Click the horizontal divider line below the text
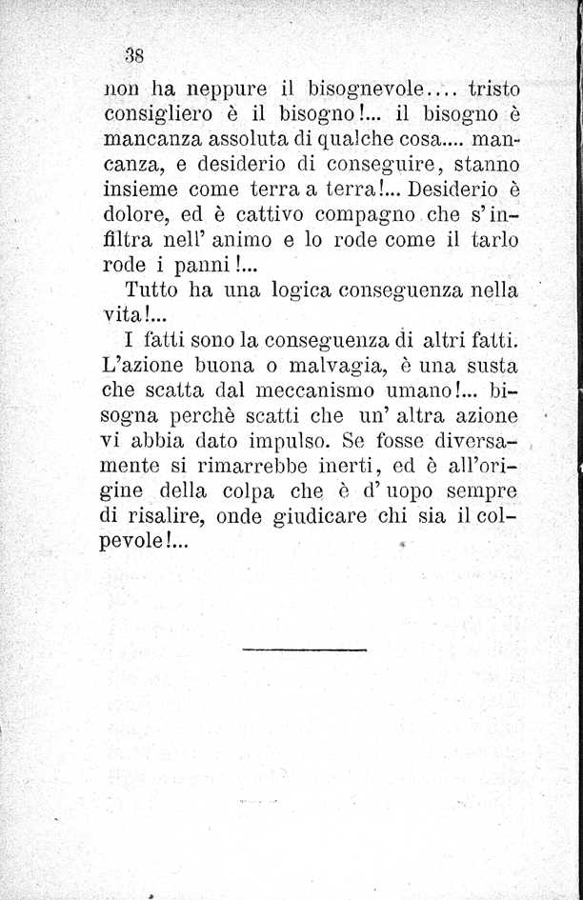pyautogui.click(x=304, y=650)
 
